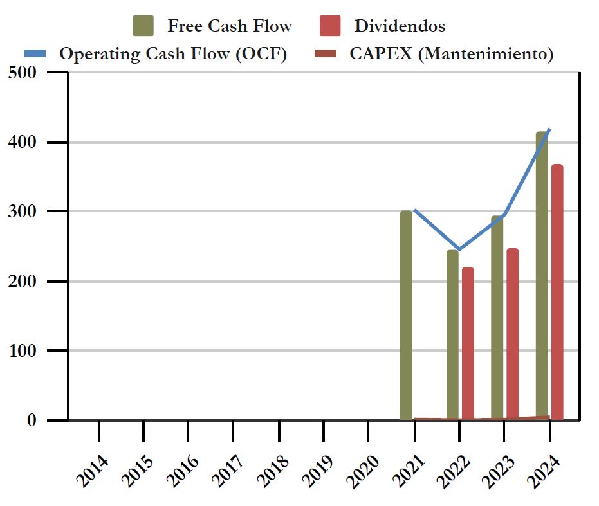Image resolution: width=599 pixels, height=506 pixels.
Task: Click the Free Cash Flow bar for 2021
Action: [x=406, y=315]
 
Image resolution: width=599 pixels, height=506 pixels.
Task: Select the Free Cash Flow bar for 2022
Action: [x=452, y=334]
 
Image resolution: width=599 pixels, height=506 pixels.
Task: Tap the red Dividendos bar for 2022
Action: [x=468, y=343]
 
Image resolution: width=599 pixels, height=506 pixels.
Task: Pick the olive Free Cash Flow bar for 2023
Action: [x=497, y=318]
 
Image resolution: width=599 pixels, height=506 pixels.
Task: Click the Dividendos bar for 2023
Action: [x=512, y=334]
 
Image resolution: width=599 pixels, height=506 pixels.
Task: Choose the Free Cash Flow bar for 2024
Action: [x=542, y=276]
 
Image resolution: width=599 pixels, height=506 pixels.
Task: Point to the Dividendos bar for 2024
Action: [x=557, y=292]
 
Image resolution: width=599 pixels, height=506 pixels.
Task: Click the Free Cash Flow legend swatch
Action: [x=143, y=26]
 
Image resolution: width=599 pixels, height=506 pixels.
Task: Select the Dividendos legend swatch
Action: [x=330, y=26]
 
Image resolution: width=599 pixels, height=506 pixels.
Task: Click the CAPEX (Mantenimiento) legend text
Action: [x=451, y=54]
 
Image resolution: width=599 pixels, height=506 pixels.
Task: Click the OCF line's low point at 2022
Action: [x=459, y=249]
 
